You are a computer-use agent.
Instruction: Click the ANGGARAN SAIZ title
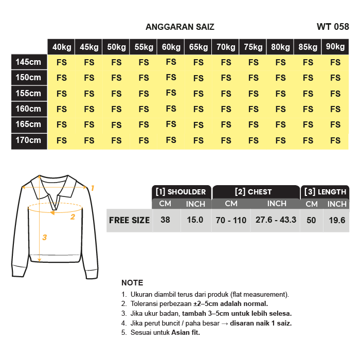click(180, 27)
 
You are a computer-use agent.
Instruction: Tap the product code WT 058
click(333, 27)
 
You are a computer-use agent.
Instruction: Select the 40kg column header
click(62, 47)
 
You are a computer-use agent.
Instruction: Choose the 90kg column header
click(335, 47)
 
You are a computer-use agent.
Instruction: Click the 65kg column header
click(199, 47)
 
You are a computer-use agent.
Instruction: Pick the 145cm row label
click(28, 62)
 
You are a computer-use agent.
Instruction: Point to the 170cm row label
click(28, 140)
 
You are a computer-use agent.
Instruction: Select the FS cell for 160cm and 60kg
click(171, 109)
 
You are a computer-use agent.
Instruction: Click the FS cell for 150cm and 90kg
click(335, 78)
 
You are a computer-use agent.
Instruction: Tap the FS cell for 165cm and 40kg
click(62, 124)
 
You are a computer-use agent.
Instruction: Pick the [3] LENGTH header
click(325, 192)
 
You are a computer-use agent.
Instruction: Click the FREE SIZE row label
click(129, 220)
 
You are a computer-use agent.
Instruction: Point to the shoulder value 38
click(165, 220)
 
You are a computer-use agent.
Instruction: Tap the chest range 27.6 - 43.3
click(276, 220)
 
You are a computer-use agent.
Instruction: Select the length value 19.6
click(337, 220)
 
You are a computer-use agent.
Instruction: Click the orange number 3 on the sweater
click(45, 237)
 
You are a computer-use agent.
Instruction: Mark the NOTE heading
click(132, 283)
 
